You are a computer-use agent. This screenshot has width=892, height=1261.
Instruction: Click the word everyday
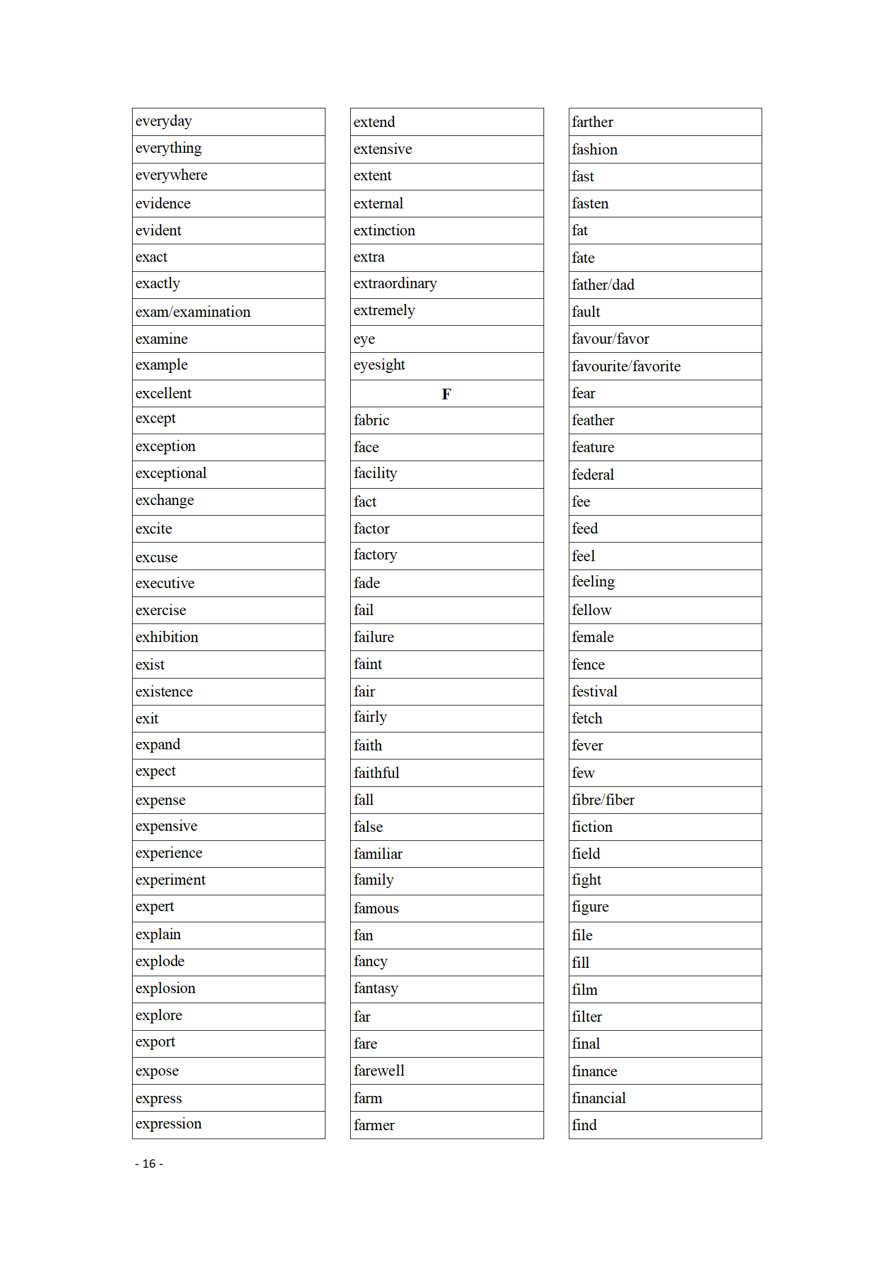click(x=164, y=121)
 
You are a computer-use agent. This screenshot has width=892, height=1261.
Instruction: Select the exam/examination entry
click(x=193, y=312)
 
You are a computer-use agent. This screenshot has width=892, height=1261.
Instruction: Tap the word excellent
click(x=163, y=393)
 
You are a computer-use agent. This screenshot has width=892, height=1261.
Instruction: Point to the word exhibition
click(x=166, y=637)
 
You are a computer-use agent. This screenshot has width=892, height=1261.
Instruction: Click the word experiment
click(x=170, y=880)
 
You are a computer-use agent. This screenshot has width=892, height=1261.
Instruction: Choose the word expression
click(x=168, y=1123)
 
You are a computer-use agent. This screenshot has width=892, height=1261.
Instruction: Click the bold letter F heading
click(x=446, y=394)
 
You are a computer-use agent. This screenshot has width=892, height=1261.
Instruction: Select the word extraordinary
click(x=395, y=284)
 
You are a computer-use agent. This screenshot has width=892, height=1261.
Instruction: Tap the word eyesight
click(x=379, y=366)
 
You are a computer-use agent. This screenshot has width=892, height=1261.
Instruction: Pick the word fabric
click(x=371, y=420)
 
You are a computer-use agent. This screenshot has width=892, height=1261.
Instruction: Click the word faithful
click(x=376, y=773)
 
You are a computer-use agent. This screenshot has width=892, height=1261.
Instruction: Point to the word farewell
click(x=379, y=1071)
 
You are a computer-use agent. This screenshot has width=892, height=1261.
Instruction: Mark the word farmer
click(x=374, y=1125)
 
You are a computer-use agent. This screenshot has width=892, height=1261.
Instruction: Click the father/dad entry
click(x=603, y=285)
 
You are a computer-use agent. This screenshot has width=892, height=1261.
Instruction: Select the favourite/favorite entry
click(x=626, y=366)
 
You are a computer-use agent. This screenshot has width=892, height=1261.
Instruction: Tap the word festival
click(x=594, y=691)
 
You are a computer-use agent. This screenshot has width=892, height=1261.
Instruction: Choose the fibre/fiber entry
click(x=603, y=800)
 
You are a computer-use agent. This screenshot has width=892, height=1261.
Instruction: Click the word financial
click(x=598, y=1098)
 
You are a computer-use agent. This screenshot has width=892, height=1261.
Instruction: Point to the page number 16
click(x=149, y=1163)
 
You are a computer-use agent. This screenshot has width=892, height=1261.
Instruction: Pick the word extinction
click(x=384, y=230)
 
